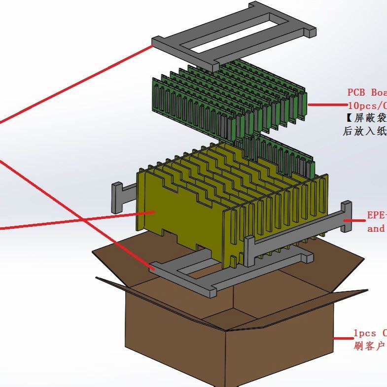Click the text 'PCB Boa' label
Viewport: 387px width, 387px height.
tap(366, 92)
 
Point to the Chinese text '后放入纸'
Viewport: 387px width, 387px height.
tap(364, 132)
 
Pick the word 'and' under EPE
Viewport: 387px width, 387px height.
tap(376, 229)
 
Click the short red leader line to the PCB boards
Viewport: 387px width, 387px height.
tap(328, 105)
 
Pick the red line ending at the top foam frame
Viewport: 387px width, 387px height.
tap(74, 84)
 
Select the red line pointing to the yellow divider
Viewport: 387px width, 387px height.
tap(74, 220)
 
